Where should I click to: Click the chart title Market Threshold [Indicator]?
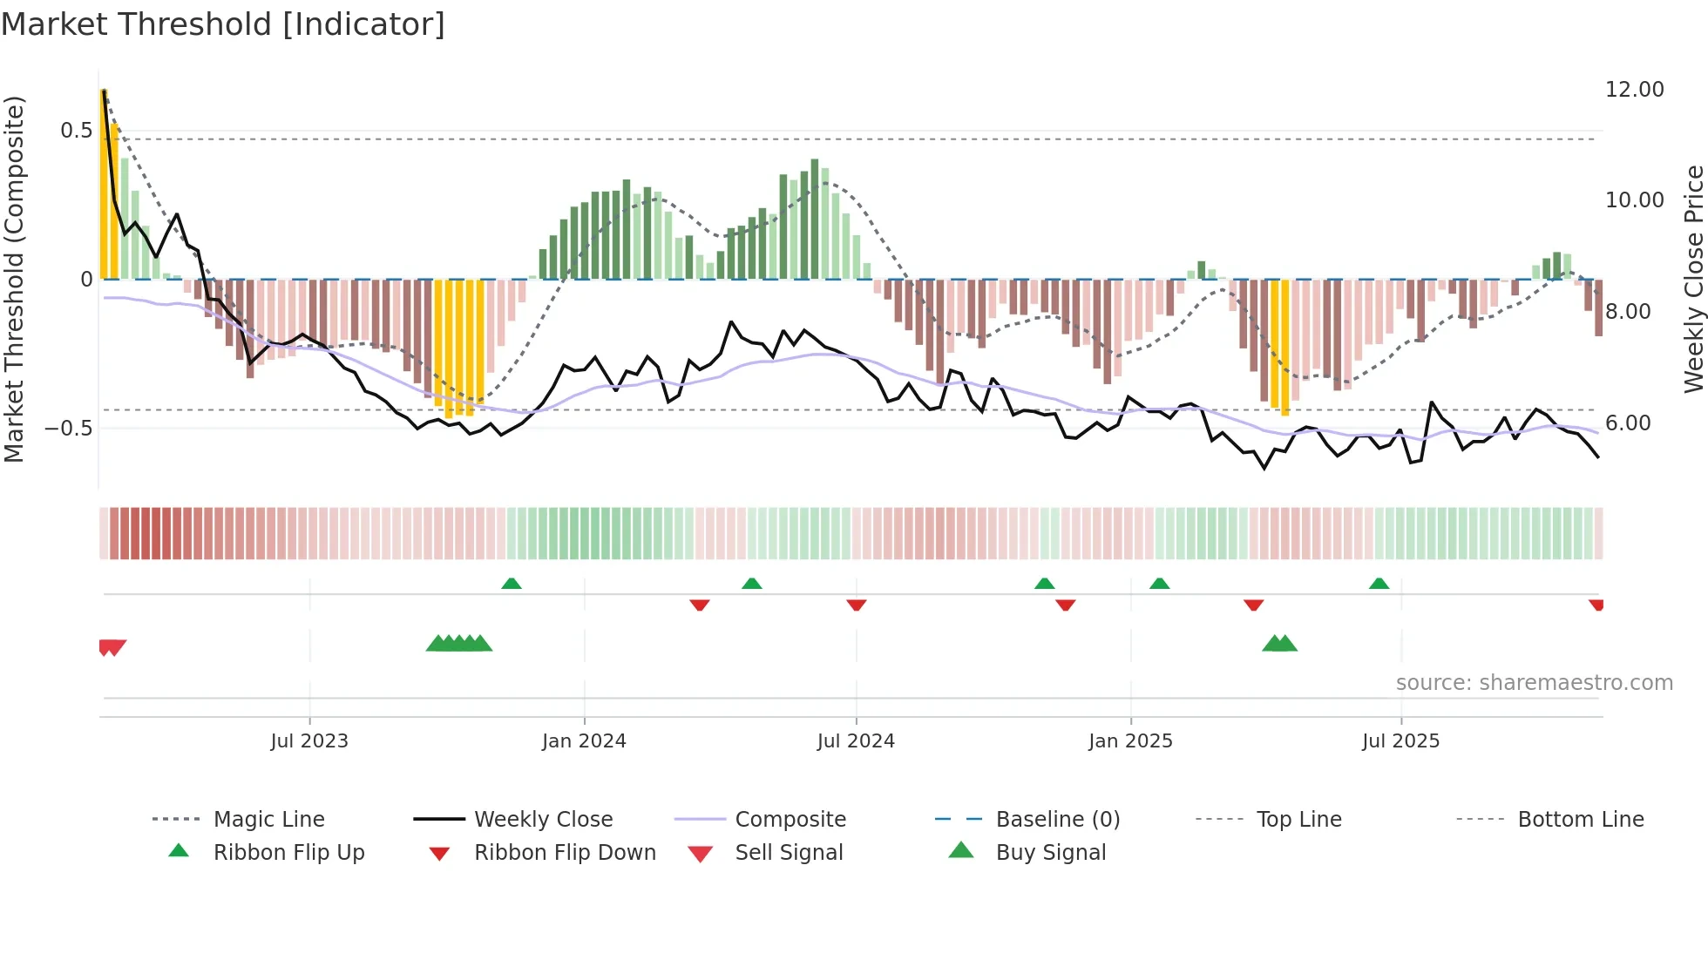pyautogui.click(x=223, y=24)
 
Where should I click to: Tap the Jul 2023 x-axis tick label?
pyautogui.click(x=309, y=741)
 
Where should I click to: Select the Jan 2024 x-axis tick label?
pyautogui.click(x=584, y=741)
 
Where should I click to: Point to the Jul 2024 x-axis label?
pyautogui.click(x=856, y=741)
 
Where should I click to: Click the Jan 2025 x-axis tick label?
pyautogui.click(x=1130, y=741)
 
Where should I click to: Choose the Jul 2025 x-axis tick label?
pyautogui.click(x=1400, y=741)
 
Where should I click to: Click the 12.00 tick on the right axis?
pyautogui.click(x=1634, y=90)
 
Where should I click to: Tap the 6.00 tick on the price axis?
pyautogui.click(x=1627, y=423)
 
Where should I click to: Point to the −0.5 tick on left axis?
pyautogui.click(x=69, y=429)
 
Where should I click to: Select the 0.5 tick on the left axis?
pyautogui.click(x=76, y=131)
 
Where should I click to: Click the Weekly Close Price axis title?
pyautogui.click(x=1693, y=279)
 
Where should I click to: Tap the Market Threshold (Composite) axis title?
pyautogui.click(x=14, y=279)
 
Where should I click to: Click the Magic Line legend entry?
pyautogui.click(x=268, y=820)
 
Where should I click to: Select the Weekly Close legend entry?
pyautogui.click(x=543, y=820)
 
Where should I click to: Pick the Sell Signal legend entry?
pyautogui.click(x=789, y=853)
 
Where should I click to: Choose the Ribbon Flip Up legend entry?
pyautogui.click(x=288, y=853)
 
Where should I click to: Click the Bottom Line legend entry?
pyautogui.click(x=1580, y=820)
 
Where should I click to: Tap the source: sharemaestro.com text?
pyautogui.click(x=1534, y=683)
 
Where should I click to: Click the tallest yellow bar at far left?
pyautogui.click(x=104, y=183)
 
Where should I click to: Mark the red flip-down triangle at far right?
pyautogui.click(x=1596, y=605)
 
